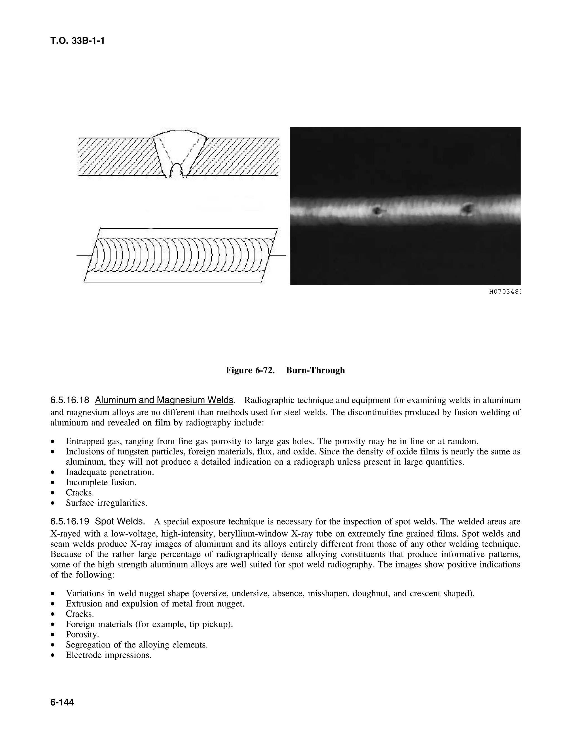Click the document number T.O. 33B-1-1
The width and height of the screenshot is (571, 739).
click(x=78, y=41)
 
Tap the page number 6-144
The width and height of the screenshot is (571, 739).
click(x=62, y=702)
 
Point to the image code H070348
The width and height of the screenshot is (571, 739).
click(x=504, y=292)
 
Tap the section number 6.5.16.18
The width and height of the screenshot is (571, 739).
click(x=70, y=400)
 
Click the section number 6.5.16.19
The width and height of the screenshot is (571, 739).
click(x=70, y=521)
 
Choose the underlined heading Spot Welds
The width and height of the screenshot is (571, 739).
click(x=119, y=521)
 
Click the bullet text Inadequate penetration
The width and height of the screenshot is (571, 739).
click(x=110, y=472)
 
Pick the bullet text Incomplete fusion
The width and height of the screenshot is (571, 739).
click(x=101, y=482)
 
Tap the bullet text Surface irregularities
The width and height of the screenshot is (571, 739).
click(x=107, y=503)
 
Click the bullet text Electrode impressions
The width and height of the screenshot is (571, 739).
click(x=108, y=655)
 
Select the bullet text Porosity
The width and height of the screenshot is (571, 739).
click(x=82, y=634)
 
